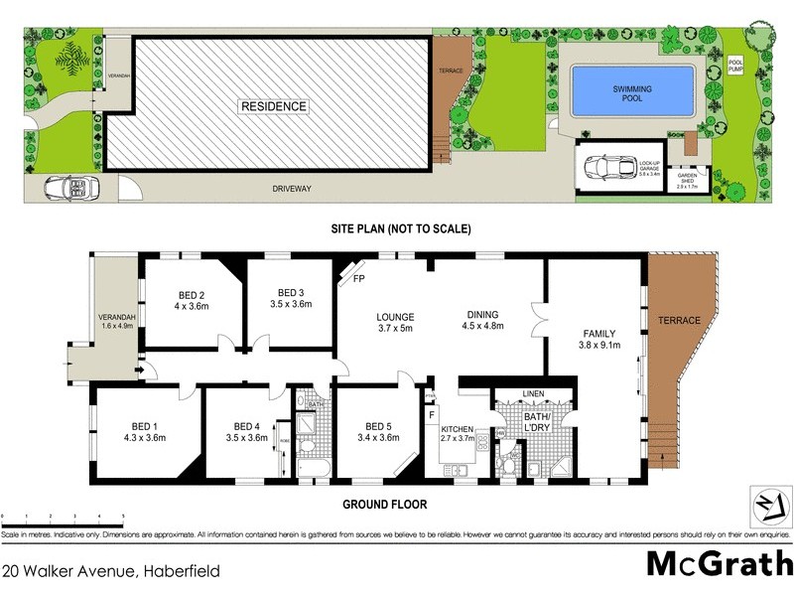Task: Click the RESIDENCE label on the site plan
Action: (x=272, y=106)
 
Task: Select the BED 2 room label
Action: (x=192, y=295)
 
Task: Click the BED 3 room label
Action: (x=290, y=293)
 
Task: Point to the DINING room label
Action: (x=485, y=313)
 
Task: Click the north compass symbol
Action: (x=765, y=503)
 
